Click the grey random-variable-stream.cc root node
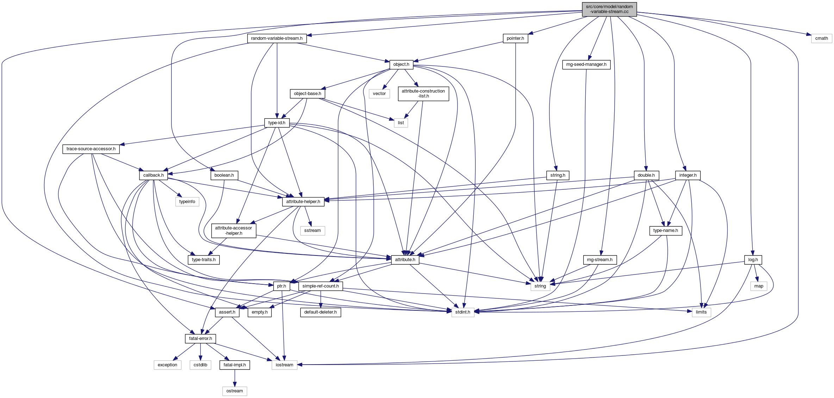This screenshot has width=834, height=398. [x=609, y=9]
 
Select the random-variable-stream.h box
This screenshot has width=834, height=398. [x=277, y=38]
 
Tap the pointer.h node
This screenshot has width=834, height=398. [x=515, y=38]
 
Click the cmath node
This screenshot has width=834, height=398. [x=821, y=38]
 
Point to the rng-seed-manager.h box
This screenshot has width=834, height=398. [x=586, y=64]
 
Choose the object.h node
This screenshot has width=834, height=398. [x=401, y=64]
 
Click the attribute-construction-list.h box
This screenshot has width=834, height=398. [x=423, y=94]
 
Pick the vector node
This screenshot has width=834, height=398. [x=379, y=94]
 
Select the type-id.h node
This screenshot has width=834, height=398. [x=277, y=123]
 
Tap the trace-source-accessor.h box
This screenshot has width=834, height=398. [x=91, y=149]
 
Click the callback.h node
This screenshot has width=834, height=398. [x=153, y=175]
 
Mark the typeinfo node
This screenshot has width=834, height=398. [x=187, y=202]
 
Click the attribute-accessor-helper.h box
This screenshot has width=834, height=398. [x=234, y=230]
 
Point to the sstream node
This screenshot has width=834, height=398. [x=312, y=230]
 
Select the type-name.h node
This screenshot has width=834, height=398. [x=665, y=230]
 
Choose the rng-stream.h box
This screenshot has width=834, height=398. [x=599, y=260]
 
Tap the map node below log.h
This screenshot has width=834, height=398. [x=759, y=286]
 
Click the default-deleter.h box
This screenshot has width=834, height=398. [x=320, y=312]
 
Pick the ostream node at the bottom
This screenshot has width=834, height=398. [x=235, y=391]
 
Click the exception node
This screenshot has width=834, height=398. [x=167, y=365]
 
